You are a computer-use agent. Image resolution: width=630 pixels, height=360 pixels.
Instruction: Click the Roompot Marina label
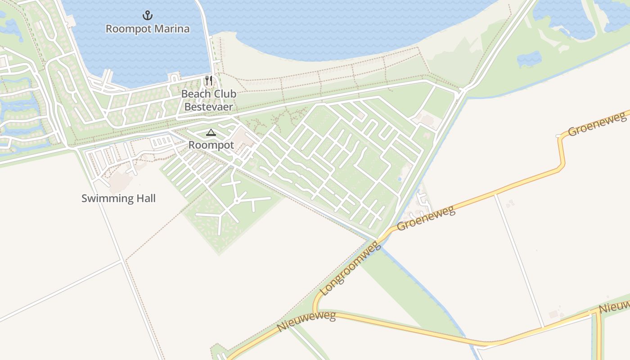147,29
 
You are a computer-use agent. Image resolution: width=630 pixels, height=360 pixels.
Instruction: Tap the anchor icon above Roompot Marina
147,16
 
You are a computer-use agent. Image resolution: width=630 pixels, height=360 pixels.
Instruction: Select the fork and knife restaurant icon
209,81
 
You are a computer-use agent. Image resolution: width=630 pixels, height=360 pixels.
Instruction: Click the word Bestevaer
209,107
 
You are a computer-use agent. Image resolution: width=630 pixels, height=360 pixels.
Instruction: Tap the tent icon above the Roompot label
211,133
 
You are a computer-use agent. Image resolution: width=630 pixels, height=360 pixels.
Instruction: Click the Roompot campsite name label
211,145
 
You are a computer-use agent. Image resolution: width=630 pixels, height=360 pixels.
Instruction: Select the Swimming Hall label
118,198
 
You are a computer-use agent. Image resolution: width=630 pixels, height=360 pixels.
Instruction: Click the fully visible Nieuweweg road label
307,321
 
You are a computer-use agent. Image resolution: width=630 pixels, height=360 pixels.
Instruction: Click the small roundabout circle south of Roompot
236,201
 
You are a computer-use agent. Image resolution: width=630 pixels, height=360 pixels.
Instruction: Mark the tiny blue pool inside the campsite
399,179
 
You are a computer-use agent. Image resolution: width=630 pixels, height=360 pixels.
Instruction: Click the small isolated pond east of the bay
529,58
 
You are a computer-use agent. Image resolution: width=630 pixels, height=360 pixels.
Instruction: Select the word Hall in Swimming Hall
145,198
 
